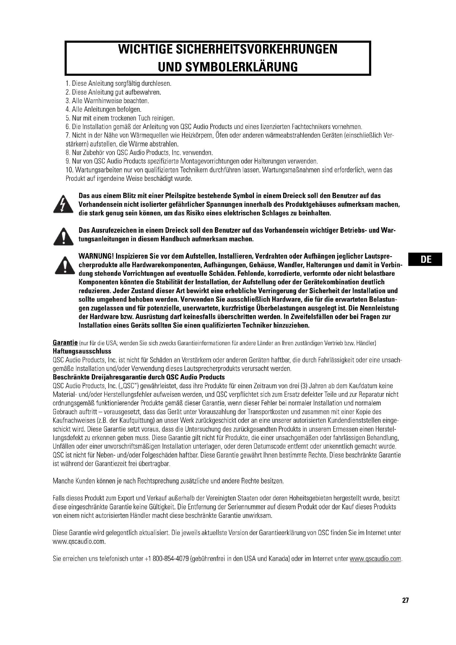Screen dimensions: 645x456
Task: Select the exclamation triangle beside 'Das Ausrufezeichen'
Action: click(63, 237)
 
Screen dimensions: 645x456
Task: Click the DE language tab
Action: click(426, 259)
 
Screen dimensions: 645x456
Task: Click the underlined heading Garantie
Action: click(65, 343)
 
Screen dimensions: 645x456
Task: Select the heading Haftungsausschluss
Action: click(82, 351)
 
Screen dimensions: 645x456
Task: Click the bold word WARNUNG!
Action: click(96, 256)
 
